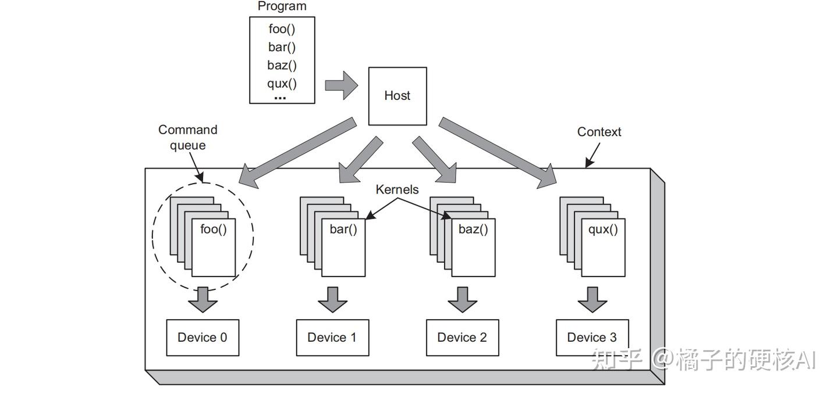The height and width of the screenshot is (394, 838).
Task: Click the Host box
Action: [397, 96]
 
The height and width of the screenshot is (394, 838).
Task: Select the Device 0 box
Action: [203, 338]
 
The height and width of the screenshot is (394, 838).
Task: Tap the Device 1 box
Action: [332, 338]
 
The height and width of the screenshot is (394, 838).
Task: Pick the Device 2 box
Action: [462, 338]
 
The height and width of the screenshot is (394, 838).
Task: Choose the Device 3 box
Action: [592, 338]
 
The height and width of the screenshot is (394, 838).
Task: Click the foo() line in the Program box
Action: [282, 29]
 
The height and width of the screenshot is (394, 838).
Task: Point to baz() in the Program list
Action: [282, 65]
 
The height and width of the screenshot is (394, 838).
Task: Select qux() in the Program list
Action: [282, 83]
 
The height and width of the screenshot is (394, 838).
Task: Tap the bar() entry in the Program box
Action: [282, 47]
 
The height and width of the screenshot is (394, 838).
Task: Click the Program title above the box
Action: [282, 6]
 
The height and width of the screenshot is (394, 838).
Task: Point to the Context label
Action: [599, 132]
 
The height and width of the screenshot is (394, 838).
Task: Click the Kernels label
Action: [397, 189]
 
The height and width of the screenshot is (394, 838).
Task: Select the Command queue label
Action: [187, 137]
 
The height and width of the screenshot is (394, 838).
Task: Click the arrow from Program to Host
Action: [341, 86]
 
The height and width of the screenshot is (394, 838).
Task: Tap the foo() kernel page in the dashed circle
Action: [214, 247]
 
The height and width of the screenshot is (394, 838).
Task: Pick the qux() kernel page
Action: [603, 247]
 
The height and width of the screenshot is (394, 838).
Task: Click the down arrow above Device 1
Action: [332, 299]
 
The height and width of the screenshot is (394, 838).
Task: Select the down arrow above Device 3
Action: [592, 299]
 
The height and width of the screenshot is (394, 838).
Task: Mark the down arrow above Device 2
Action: [462, 299]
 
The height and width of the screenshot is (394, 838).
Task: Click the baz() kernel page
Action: [473, 247]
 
